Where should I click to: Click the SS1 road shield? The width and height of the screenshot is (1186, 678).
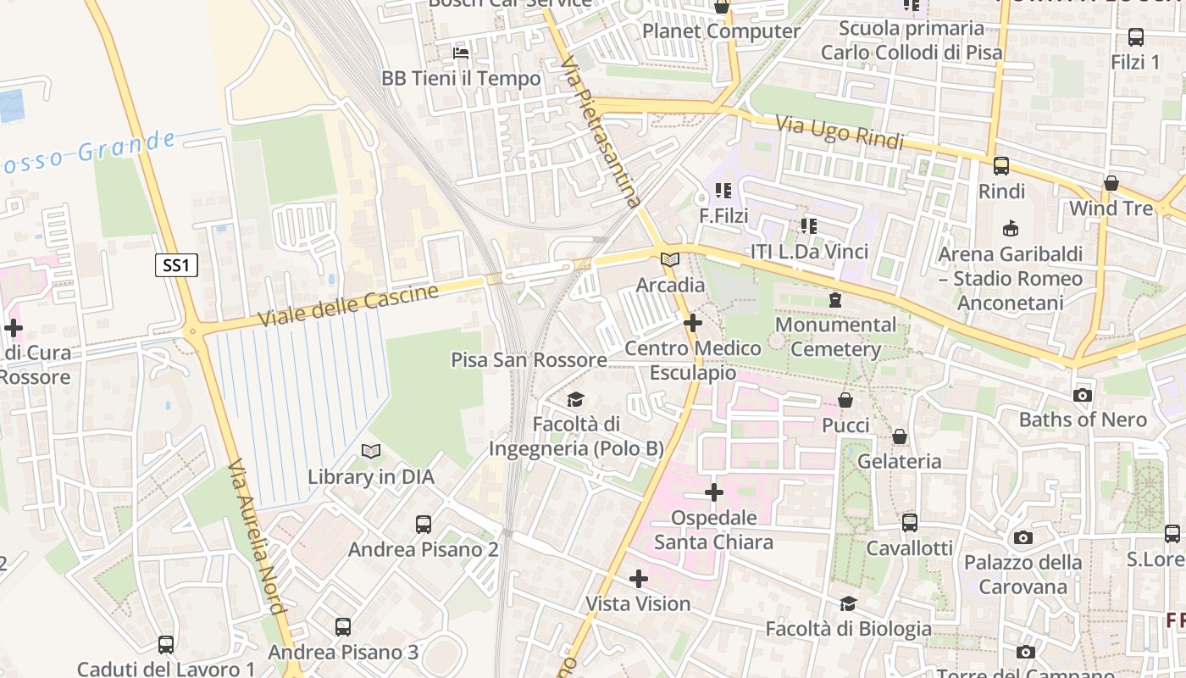(176, 265)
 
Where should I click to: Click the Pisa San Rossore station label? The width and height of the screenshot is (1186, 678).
(529, 359)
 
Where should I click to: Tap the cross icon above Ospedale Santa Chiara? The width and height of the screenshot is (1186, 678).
(714, 492)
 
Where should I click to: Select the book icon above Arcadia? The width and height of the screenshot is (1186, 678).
(669, 259)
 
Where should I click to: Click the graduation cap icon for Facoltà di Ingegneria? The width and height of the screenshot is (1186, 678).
(576, 399)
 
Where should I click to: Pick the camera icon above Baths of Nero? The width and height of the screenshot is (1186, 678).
(1082, 395)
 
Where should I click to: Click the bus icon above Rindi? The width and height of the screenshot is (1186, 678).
(1001, 166)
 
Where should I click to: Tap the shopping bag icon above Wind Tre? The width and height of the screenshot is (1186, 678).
(1111, 183)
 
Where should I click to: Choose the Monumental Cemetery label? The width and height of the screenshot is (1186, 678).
(835, 336)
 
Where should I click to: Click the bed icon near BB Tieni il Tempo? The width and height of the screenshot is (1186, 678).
(461, 53)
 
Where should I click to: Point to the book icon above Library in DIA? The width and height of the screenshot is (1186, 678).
(370, 451)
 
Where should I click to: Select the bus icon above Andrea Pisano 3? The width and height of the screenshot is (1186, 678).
(342, 627)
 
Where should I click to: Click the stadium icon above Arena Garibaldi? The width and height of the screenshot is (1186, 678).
(1010, 228)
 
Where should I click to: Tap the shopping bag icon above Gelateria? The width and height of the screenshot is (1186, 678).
(899, 436)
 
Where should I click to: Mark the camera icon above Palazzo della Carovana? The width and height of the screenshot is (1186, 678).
(1023, 537)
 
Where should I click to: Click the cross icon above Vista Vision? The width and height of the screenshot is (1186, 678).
(639, 579)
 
